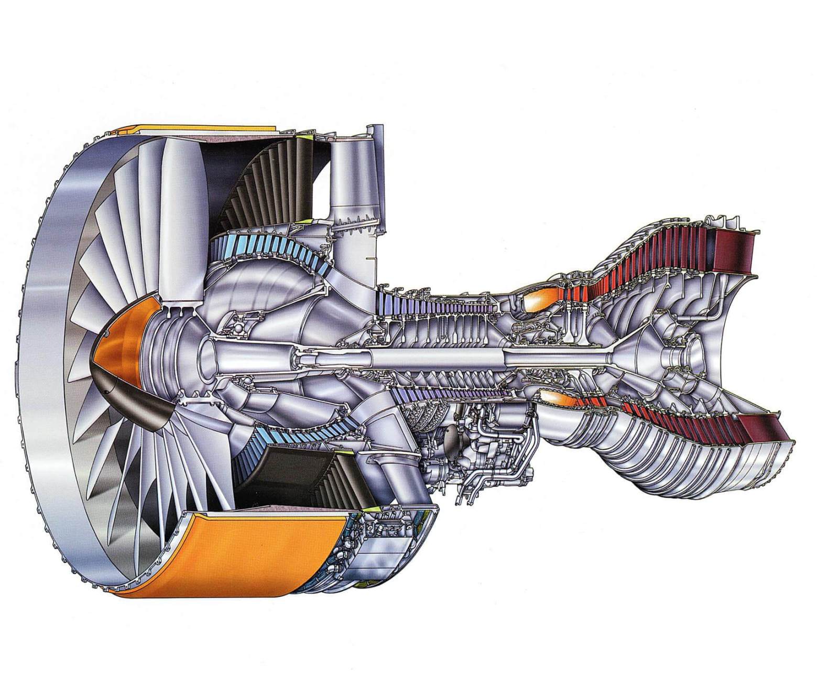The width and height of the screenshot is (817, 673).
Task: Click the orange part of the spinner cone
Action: coord(118,341)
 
